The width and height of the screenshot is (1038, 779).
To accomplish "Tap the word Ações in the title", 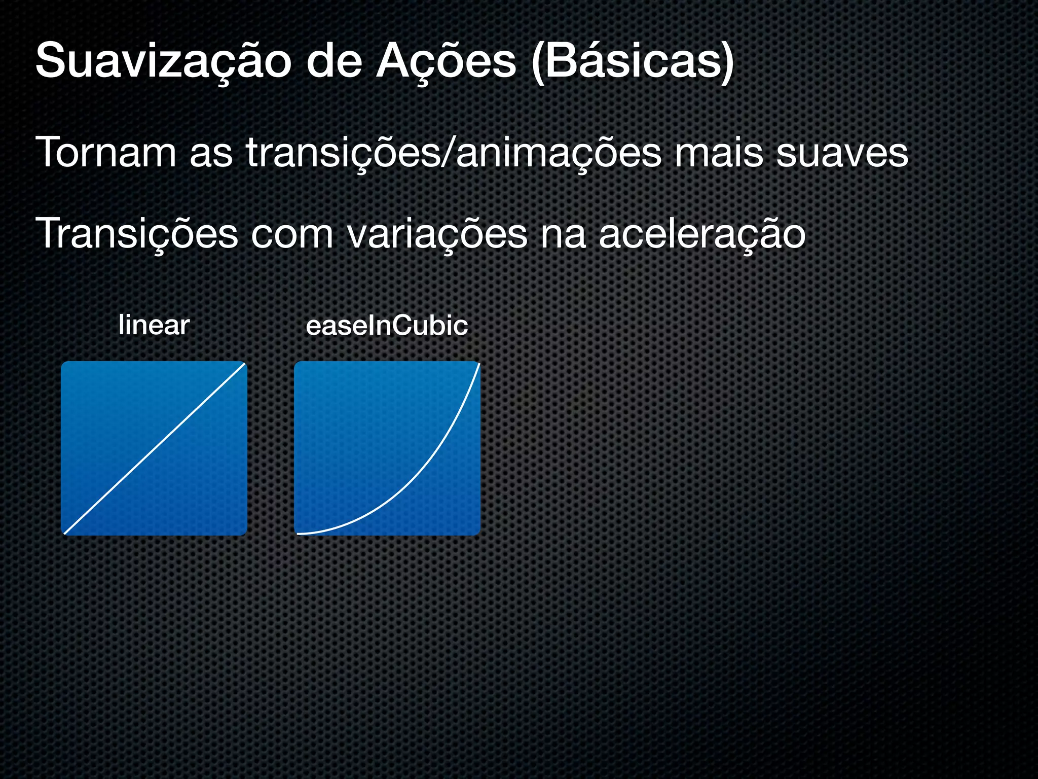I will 446,62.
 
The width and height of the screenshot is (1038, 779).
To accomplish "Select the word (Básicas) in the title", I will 632,62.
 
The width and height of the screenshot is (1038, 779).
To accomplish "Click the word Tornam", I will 106,152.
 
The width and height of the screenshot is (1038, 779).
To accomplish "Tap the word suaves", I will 842,152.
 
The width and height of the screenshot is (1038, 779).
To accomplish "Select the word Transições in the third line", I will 136,234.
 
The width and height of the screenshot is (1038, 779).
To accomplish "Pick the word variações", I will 437,234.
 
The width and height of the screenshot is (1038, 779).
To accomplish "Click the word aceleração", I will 702,234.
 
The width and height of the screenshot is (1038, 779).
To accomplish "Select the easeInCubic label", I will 387,326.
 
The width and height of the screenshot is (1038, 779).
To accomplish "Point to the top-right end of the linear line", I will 244,364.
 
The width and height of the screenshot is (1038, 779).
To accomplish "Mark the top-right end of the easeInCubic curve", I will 478,364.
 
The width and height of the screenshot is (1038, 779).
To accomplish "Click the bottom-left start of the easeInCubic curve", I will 298,534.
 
